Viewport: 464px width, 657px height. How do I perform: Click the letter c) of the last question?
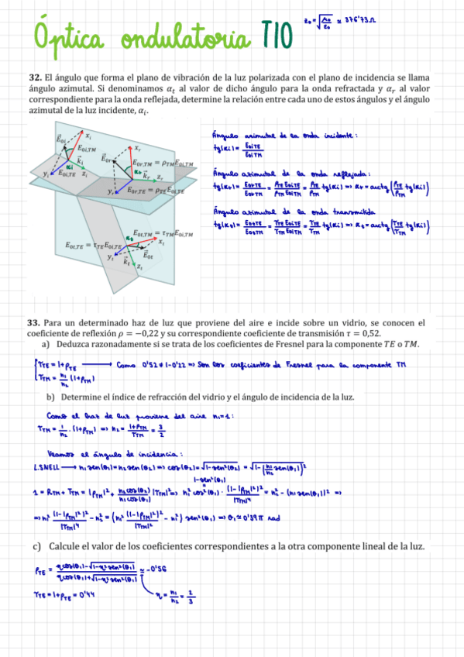click(36, 545)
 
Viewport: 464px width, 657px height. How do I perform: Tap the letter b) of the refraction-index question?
click(50, 397)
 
